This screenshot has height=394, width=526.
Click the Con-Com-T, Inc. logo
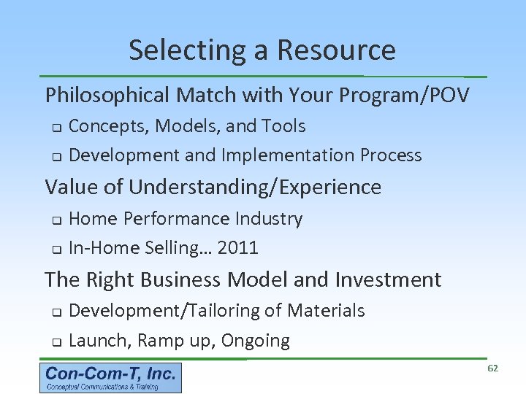point(110,378)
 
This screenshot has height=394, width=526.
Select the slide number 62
point(492,368)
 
